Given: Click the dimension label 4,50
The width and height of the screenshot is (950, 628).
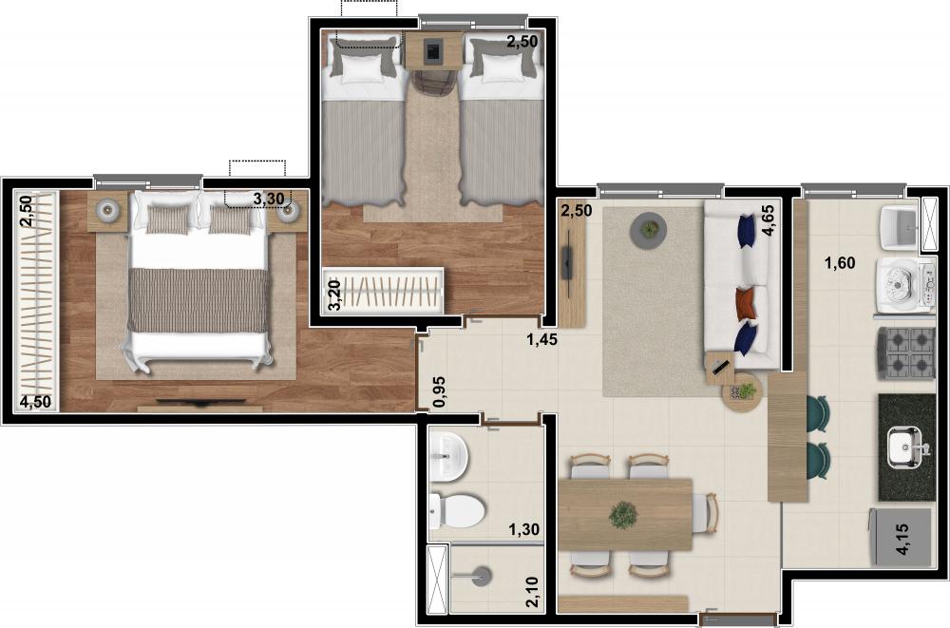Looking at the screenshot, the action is [x=35, y=402].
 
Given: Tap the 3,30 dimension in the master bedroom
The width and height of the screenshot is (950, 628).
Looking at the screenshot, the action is [x=268, y=199].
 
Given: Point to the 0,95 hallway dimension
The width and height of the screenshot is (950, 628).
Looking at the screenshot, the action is [x=440, y=391].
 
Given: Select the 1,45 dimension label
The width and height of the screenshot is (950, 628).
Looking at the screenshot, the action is [x=541, y=339].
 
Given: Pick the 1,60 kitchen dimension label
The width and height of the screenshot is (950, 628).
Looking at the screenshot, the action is [x=840, y=263].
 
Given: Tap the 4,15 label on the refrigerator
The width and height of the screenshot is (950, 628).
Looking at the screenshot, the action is [x=902, y=540].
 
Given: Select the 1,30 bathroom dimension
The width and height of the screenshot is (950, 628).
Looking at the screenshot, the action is [x=524, y=530].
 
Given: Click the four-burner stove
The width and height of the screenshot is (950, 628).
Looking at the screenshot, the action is [x=905, y=353].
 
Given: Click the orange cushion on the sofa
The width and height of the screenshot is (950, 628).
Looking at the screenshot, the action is [x=747, y=302].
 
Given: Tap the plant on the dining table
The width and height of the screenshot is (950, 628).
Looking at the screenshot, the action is [x=623, y=515].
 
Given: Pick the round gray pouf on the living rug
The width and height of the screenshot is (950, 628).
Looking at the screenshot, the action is [x=648, y=230].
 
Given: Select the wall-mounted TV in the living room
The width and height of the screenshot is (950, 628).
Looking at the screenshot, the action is [x=568, y=262].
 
